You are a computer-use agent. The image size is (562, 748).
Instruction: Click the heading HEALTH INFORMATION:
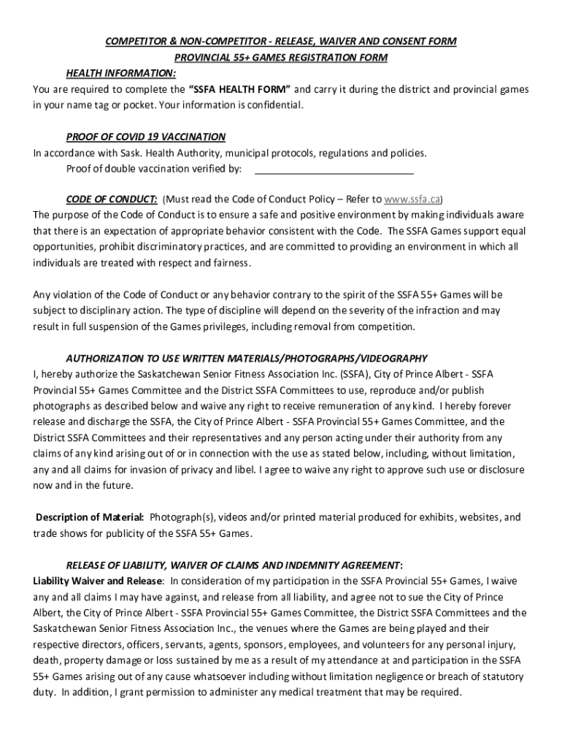click(x=120, y=74)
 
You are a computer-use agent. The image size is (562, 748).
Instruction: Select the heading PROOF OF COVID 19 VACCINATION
click(x=145, y=137)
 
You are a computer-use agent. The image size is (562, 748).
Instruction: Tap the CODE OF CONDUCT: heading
click(x=112, y=199)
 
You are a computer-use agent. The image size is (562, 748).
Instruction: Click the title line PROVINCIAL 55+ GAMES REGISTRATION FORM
click(x=280, y=58)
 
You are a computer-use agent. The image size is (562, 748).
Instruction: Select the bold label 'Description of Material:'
click(x=90, y=517)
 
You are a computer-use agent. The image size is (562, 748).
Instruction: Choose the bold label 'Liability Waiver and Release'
click(x=97, y=581)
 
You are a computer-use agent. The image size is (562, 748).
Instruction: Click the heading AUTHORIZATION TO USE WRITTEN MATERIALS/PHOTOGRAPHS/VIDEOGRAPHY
click(x=247, y=359)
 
